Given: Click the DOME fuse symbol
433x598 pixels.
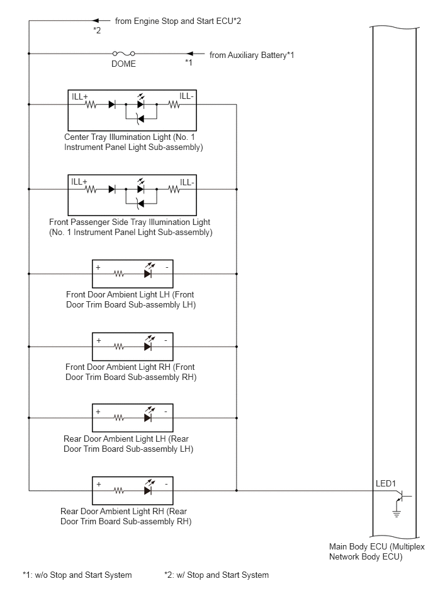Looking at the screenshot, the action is tap(124, 54).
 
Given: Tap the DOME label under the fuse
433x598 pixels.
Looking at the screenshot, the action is tap(123, 64).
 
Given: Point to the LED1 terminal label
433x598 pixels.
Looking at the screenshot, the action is tap(386, 483).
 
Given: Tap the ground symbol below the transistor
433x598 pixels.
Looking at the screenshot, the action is tap(397, 512).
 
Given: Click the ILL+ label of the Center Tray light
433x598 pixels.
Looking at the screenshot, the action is tap(79, 97).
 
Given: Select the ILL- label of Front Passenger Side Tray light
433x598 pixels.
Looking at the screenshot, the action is tap(187, 182).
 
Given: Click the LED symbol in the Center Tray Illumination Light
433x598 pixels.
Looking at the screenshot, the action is tap(140, 102).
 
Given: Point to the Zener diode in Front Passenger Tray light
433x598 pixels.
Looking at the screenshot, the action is tap(140, 204).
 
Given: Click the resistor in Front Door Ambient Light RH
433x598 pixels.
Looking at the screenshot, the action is tap(119, 347).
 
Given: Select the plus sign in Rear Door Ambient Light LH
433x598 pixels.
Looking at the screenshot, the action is tap(98, 412).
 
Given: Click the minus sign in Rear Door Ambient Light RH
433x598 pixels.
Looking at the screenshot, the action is tap(166, 485).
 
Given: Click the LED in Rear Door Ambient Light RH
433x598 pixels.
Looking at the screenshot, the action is tap(149, 488).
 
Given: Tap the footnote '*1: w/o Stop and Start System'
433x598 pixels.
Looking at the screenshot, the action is tap(77, 575).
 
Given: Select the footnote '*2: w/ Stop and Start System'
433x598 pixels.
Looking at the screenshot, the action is tap(216, 575).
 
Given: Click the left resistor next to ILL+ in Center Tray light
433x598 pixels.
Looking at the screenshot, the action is tap(91, 104).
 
